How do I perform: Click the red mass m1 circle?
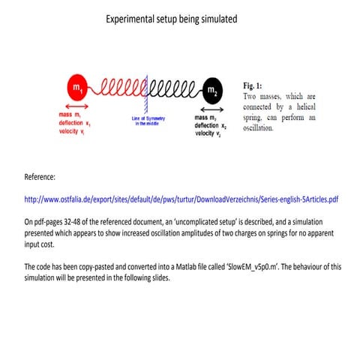tap(77, 90)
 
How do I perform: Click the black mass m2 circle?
tap(212, 91)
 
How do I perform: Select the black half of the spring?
tap(173, 90)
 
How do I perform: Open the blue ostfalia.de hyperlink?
tap(181, 200)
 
